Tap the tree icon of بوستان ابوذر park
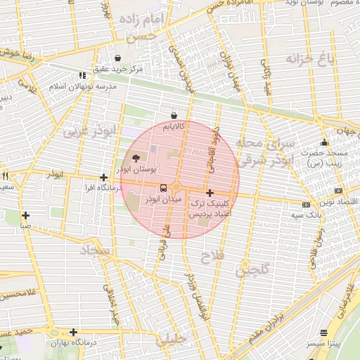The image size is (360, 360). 136,158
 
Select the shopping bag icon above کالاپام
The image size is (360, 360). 174,115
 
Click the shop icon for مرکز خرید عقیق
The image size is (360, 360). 117,58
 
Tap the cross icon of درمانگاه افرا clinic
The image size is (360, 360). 104,178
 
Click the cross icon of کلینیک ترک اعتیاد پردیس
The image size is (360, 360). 210,193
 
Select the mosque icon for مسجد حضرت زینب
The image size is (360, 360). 323,143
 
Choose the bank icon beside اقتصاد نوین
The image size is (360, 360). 339,191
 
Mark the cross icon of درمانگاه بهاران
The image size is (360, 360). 73,332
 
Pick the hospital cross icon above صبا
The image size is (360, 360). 25,215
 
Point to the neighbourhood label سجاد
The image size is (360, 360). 96,250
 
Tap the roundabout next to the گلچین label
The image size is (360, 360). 245,269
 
